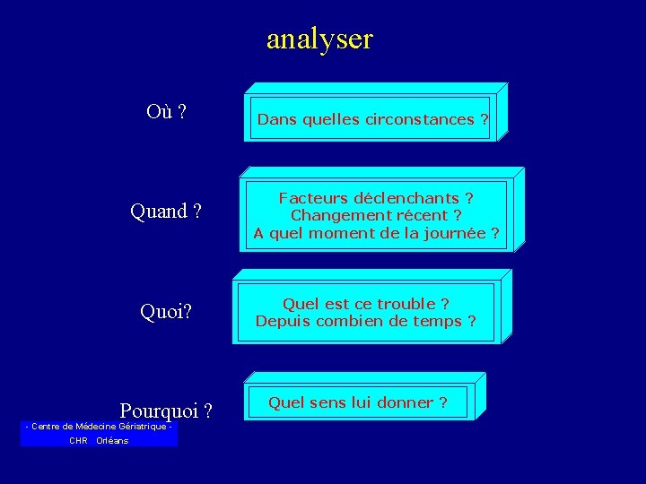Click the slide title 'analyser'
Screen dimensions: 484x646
(319, 39)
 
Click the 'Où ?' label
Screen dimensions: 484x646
(166, 112)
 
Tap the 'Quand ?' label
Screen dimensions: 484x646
(165, 212)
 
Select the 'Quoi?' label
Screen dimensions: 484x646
(167, 311)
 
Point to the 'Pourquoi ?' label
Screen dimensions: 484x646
(166, 411)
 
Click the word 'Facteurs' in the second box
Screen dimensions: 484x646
(310, 198)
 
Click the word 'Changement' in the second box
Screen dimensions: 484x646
(333, 215)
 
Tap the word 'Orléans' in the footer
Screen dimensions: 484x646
(112, 441)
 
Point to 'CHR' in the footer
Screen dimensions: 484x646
(78, 441)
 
